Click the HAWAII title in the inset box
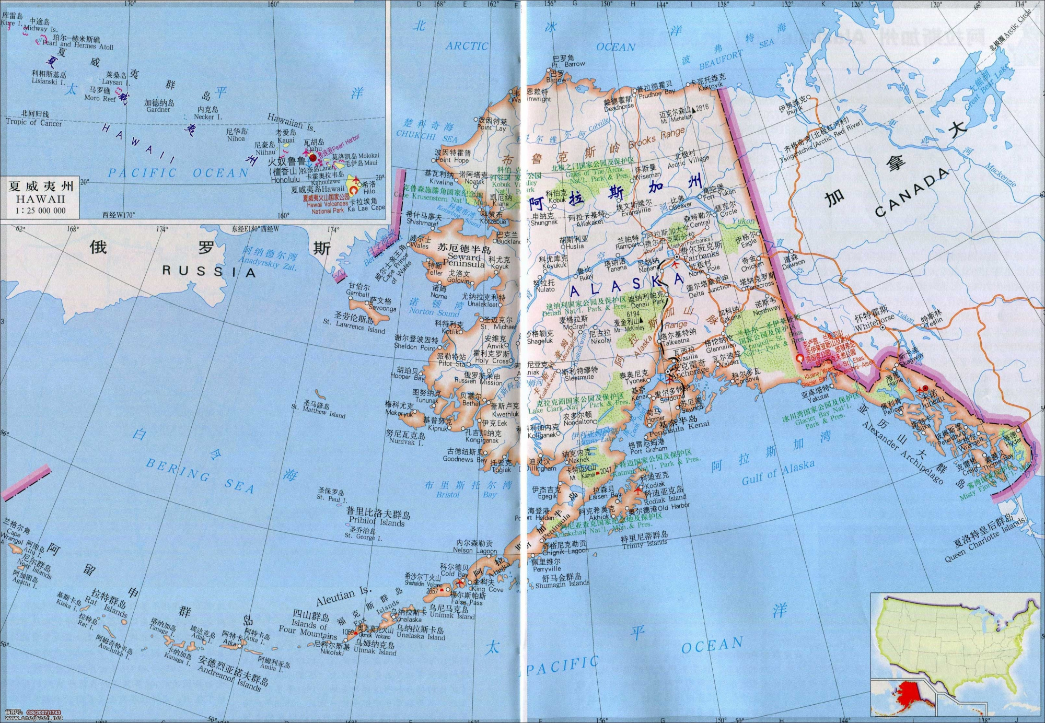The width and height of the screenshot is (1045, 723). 40,199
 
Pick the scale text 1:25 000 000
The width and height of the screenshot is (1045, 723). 40,211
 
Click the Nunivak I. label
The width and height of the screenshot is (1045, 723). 405,441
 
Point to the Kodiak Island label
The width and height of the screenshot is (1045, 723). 665,498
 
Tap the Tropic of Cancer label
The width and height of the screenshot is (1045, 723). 34,123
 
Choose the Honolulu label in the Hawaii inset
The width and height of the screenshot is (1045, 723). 285,180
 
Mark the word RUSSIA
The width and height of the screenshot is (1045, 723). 208,271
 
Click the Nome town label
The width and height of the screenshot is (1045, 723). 439,295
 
